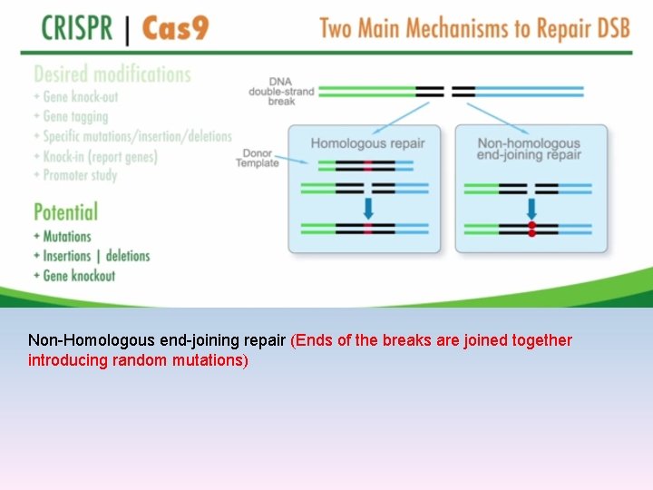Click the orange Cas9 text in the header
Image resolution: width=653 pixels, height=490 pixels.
point(175,28)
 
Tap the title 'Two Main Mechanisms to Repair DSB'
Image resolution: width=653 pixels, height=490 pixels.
point(473,28)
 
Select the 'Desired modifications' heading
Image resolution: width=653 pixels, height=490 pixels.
point(112,74)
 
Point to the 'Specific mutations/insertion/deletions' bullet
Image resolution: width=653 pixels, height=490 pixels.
point(136,136)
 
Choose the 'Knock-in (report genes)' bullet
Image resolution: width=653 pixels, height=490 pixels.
point(99,156)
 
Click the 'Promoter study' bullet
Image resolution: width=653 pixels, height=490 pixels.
point(79,175)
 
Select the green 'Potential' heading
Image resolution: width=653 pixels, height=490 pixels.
point(65,212)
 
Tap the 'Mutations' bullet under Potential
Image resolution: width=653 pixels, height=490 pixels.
point(66,237)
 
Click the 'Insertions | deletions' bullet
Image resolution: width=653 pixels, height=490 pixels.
point(95,256)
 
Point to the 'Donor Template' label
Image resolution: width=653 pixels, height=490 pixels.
point(259,158)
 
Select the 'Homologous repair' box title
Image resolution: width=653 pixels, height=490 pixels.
point(367,143)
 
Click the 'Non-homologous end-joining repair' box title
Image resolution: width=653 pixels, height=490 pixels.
point(528,149)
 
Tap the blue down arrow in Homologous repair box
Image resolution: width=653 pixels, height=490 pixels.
point(367,209)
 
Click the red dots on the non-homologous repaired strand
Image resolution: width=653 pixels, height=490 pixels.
point(531,229)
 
